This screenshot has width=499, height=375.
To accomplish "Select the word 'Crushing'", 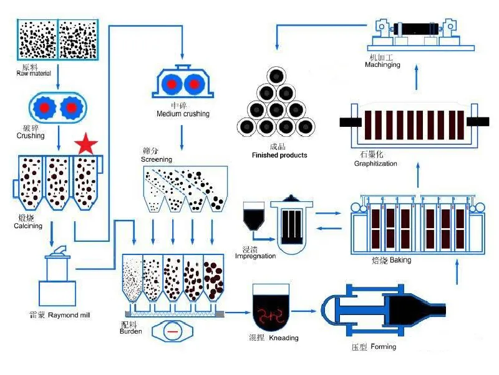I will pos(31,136).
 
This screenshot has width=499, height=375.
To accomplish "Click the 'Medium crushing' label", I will pos(183,114).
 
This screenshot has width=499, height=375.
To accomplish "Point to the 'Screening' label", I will pos(156,159).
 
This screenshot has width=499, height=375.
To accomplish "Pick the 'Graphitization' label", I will pos(375,164).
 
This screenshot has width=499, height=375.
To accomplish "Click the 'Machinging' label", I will pos(382,65).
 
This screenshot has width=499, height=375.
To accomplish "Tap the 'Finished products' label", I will pos(279,155).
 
